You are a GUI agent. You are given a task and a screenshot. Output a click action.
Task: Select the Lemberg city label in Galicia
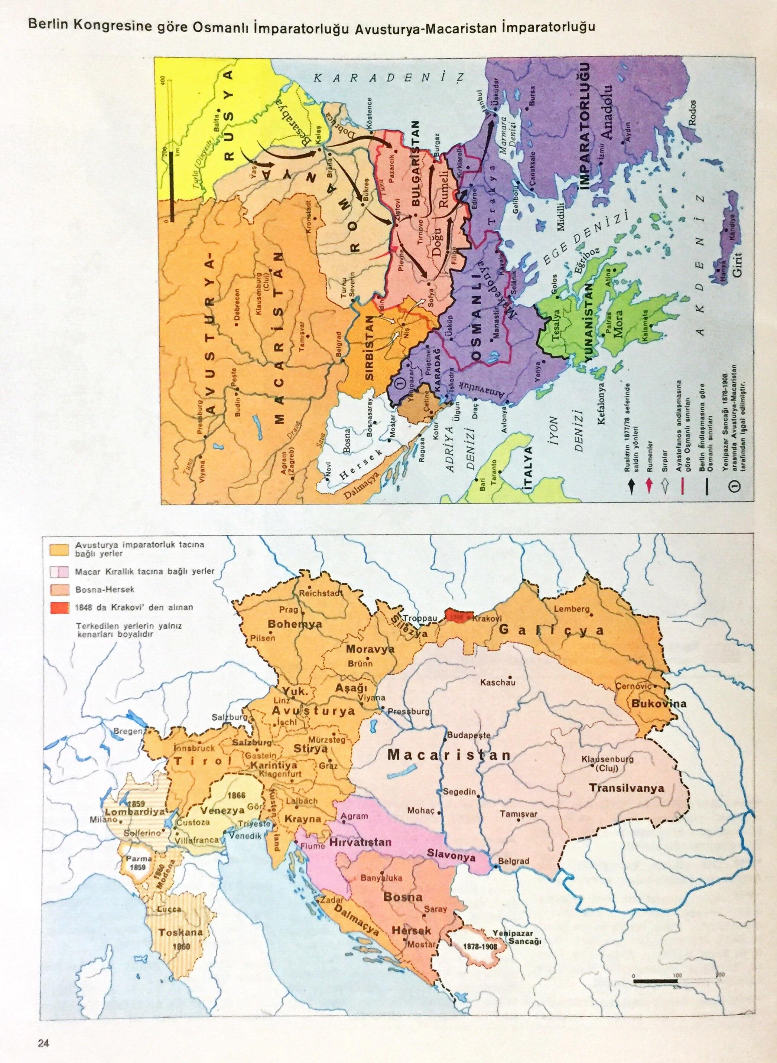tap(572, 609)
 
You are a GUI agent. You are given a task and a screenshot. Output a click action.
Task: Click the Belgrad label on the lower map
tap(514, 861)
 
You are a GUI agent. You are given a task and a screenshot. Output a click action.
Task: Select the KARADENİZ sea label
tap(388, 77)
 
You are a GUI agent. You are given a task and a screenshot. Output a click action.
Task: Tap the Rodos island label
tap(692, 113)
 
